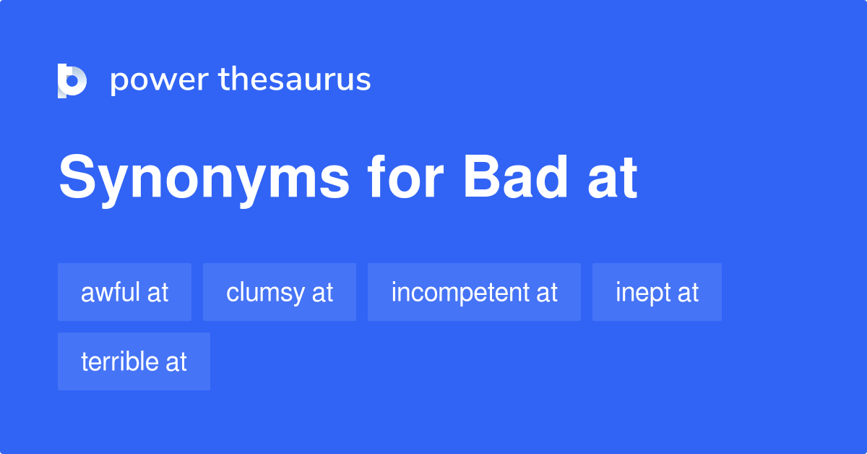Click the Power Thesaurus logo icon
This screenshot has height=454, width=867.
tap(72, 80)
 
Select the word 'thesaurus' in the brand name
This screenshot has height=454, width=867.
tap(295, 80)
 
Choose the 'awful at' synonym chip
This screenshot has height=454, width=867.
tap(124, 292)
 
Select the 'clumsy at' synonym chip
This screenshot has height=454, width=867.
tap(280, 292)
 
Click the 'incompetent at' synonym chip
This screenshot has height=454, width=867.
tap(474, 292)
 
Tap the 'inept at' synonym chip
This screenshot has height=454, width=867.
tap(657, 292)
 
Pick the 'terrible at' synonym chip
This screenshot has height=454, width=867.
tap(134, 361)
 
